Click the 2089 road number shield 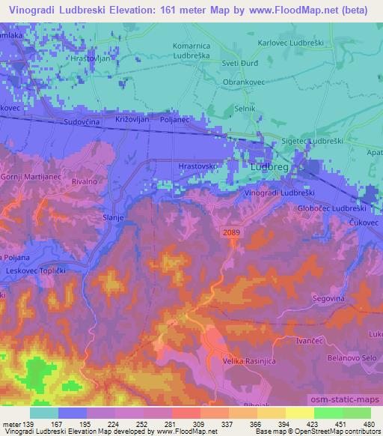(231, 234)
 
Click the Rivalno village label (85, 179)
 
